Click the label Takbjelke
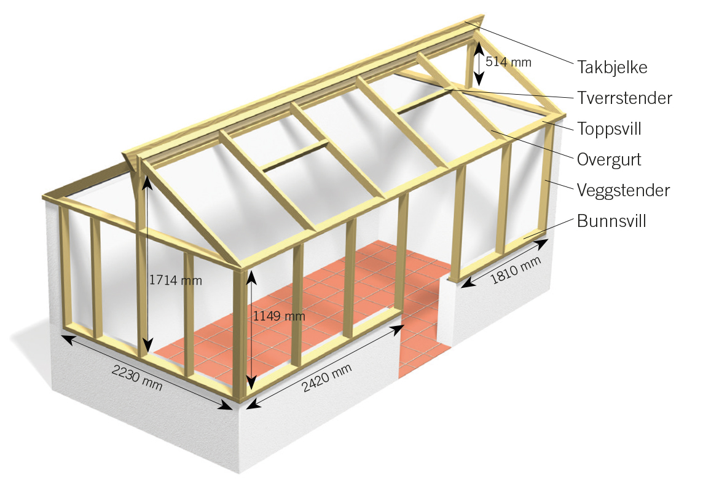point(612,67)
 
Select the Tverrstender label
point(624,98)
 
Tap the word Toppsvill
point(610,129)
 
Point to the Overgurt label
point(609,160)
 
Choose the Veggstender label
point(623,190)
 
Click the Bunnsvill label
point(611,221)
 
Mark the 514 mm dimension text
point(508,62)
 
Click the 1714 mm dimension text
point(175,280)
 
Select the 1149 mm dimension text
point(279,316)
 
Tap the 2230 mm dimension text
point(137,377)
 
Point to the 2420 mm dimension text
point(326,378)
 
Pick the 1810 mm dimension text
point(516,270)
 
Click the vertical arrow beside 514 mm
point(479,63)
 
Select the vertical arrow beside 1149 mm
point(251,330)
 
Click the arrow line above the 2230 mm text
point(147,372)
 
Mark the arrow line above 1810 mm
point(505,263)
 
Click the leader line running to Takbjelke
point(519,43)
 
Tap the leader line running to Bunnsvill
point(548,228)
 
